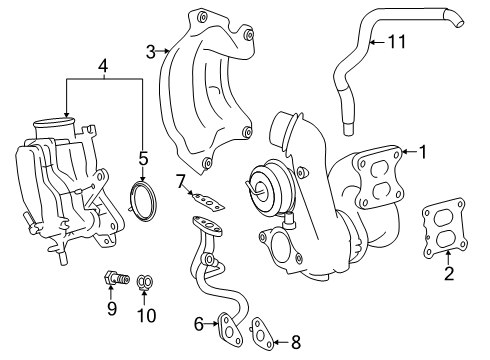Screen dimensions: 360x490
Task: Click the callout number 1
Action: [x=422, y=152]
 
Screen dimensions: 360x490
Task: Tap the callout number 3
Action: [x=150, y=50]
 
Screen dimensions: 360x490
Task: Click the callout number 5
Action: [x=143, y=157]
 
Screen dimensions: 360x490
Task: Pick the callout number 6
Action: [x=199, y=322]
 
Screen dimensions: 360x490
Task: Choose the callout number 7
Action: [x=180, y=181]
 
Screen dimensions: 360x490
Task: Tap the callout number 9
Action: [x=113, y=308]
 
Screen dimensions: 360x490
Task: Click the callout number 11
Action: [x=398, y=42]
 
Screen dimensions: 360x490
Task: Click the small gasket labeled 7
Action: [x=207, y=204]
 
